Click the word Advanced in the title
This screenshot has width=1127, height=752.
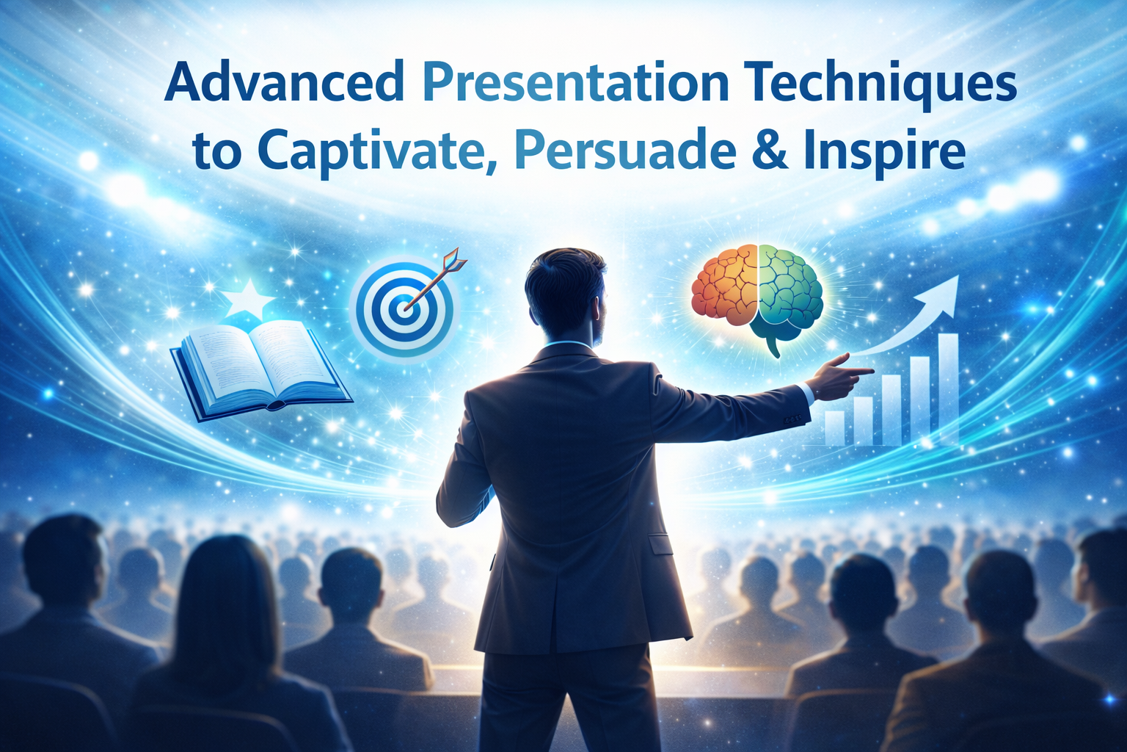click(284, 83)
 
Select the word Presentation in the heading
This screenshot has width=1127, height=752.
click(576, 83)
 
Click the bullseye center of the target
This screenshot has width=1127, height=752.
click(401, 309)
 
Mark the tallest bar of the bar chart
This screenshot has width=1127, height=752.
click(948, 389)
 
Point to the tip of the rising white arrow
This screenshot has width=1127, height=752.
click(955, 280)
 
